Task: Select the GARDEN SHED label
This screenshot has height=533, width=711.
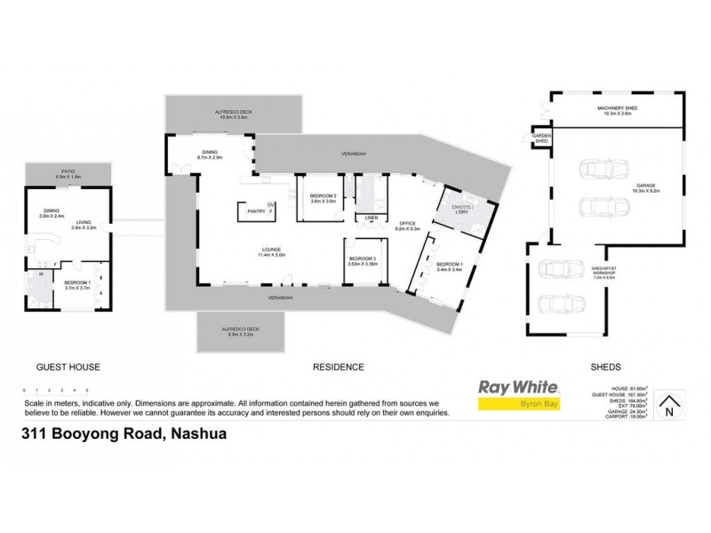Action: point(540,139)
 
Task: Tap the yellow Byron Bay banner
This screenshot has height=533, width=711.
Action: point(518,404)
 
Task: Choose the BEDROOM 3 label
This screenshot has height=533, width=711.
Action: point(363,259)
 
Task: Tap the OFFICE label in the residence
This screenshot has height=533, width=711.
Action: point(408,223)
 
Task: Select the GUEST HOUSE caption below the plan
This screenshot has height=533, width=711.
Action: point(67,366)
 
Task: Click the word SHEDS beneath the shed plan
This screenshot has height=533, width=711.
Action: point(607,366)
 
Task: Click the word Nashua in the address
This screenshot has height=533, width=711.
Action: point(194,435)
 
